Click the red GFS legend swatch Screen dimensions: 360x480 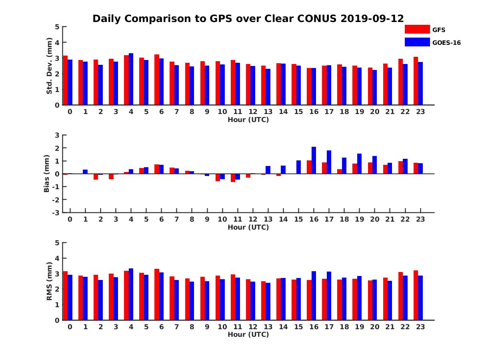417,29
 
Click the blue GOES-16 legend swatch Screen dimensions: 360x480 417,42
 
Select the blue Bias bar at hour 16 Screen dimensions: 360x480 314,160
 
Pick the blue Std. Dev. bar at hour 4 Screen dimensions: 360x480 131,79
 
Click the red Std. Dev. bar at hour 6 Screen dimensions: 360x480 157,80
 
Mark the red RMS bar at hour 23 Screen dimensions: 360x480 416,295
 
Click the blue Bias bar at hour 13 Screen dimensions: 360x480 268,170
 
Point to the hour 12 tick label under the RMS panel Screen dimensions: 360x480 253,327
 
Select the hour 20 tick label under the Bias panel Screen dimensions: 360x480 374,219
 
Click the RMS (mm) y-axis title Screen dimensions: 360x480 50,281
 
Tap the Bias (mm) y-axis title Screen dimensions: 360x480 47,174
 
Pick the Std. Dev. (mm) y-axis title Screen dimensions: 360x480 50,66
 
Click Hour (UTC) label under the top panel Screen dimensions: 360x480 248,120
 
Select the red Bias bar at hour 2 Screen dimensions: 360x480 96,177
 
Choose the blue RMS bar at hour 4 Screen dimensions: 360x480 131,294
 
